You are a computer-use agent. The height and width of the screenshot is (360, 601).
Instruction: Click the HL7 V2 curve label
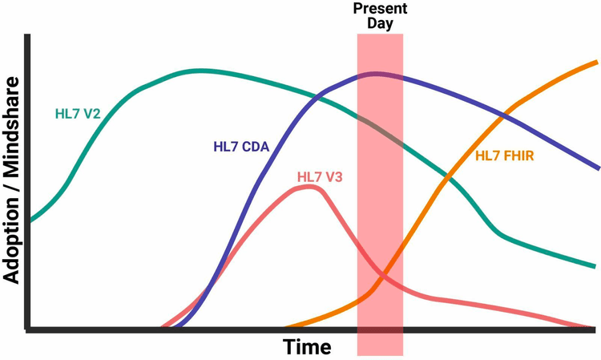[x=78, y=114]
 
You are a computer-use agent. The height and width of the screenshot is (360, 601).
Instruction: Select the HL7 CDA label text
[x=241, y=146]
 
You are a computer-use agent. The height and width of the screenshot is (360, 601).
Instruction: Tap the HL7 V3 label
[x=320, y=176]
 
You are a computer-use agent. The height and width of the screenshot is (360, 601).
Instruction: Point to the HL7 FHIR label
[x=505, y=156]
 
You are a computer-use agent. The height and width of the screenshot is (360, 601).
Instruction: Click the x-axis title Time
[x=306, y=347]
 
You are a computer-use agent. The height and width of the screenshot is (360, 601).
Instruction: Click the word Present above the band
[x=380, y=9]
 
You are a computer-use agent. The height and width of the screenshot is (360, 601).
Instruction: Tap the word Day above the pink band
[x=380, y=23]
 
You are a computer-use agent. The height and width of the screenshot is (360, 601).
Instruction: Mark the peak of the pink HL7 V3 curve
[x=310, y=187]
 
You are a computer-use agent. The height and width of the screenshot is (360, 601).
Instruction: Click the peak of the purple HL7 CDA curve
[x=375, y=75]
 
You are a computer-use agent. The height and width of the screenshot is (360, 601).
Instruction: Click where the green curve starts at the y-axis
[x=31, y=219]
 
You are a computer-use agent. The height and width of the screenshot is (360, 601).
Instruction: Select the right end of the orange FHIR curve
[x=595, y=61]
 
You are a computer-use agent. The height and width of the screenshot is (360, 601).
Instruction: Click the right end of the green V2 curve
[x=595, y=266]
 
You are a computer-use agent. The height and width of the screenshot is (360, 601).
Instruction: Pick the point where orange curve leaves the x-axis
[x=287, y=328]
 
